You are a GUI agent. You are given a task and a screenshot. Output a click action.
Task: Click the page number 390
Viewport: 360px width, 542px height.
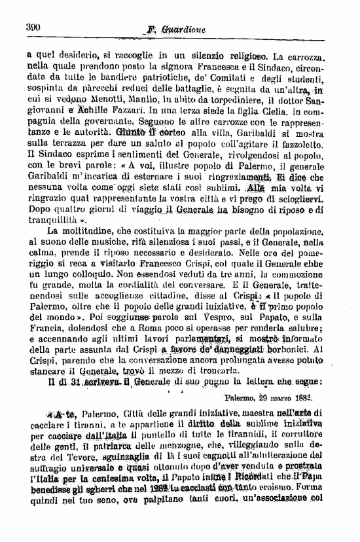[33, 27]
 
